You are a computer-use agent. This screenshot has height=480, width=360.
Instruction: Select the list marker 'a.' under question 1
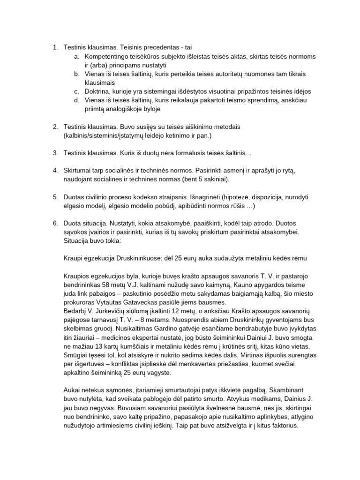[76, 56]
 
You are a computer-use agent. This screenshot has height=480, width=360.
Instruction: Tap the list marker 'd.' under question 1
[76, 100]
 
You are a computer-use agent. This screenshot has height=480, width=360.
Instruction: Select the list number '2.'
[55, 127]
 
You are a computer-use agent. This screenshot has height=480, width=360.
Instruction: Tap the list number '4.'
[55, 170]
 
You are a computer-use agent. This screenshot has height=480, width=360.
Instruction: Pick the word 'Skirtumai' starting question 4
[79, 170]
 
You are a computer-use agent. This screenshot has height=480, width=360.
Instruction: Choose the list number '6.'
[55, 223]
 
